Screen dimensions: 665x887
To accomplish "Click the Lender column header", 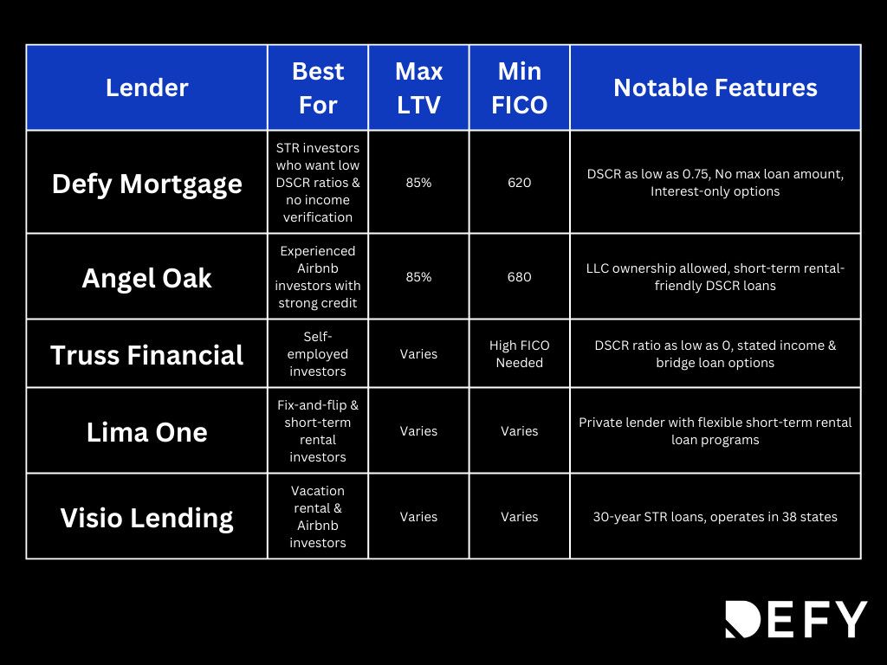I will (x=146, y=87).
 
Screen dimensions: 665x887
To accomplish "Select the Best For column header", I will (x=318, y=87).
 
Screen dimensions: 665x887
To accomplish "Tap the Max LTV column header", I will (x=418, y=87).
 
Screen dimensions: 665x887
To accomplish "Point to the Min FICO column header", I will (x=520, y=87).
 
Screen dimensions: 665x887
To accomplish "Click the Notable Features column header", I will (x=715, y=87).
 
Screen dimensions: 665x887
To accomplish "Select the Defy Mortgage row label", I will (x=146, y=184).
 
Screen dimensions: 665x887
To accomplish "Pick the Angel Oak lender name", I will (x=146, y=277).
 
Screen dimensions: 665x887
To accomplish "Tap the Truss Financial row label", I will (x=146, y=354).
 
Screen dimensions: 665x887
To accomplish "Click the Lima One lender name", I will (x=146, y=431).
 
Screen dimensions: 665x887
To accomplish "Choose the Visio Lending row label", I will (x=146, y=517).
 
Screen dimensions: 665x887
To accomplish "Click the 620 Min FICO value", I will (x=520, y=183).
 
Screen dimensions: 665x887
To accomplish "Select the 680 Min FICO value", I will (x=520, y=277).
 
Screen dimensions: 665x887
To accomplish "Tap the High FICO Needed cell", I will (x=520, y=354).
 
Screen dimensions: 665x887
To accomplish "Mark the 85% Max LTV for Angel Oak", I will (x=418, y=277).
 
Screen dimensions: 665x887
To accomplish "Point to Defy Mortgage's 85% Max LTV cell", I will (x=418, y=183).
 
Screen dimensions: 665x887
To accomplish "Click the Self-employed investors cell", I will (x=318, y=353).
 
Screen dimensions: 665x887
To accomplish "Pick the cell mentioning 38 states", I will (x=715, y=517).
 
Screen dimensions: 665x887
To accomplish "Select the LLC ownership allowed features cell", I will (x=715, y=277).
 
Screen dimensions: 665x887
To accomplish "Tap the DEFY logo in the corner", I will (x=795, y=619).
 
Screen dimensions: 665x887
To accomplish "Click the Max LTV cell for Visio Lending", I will (x=418, y=517).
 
